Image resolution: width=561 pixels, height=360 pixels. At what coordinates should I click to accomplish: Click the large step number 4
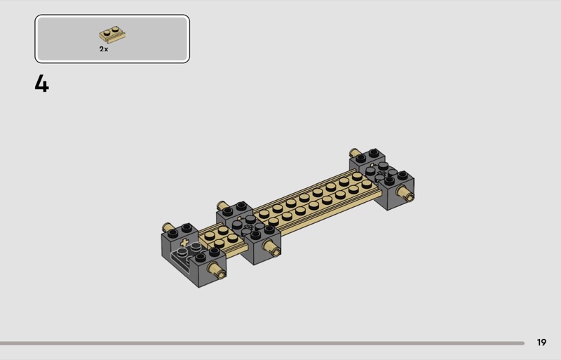click(x=41, y=84)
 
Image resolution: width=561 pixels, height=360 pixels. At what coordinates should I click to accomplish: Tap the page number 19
click(x=541, y=342)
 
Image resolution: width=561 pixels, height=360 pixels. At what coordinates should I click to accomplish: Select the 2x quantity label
click(x=104, y=49)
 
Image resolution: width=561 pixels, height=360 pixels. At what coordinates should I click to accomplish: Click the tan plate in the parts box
click(x=112, y=34)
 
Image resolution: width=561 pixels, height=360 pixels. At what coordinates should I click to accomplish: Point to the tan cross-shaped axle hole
click(x=184, y=243)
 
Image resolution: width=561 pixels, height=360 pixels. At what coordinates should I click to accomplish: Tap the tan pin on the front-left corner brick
click(x=217, y=269)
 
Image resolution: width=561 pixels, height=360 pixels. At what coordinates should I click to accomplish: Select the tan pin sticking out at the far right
click(x=405, y=193)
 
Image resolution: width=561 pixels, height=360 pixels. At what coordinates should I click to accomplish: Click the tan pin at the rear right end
click(x=355, y=152)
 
